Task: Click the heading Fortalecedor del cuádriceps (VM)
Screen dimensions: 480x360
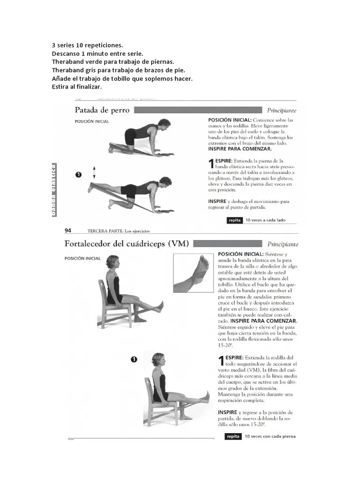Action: [x=127, y=244]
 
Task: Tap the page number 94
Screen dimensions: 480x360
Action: [x=67, y=230]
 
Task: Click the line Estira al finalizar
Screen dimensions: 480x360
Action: [x=76, y=87]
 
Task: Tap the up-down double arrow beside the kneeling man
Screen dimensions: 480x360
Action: [x=94, y=172]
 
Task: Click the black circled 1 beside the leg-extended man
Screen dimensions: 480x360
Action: [x=78, y=174]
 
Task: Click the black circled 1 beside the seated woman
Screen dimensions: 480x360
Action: [x=134, y=360]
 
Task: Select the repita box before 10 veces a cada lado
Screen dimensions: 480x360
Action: [x=234, y=220]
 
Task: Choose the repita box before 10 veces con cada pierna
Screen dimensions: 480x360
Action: [x=233, y=436]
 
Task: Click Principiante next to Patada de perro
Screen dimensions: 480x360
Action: [x=282, y=111]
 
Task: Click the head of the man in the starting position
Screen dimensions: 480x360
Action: [x=163, y=125]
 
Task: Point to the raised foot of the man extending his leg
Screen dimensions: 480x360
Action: [x=90, y=188]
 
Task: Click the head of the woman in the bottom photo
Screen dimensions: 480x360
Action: [x=157, y=360]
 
